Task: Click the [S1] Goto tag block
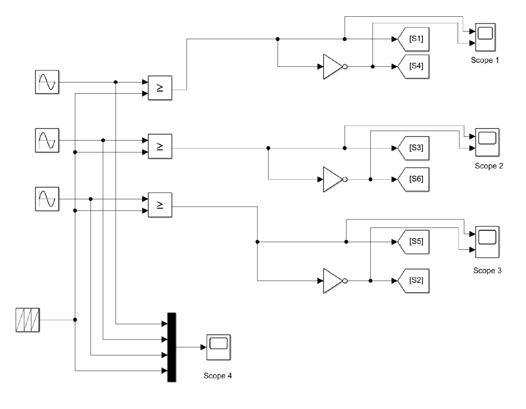413,39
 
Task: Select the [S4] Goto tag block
413,67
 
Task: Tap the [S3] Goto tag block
413,148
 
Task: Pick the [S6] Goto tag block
413,179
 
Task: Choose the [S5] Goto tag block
413,242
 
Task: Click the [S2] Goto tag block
413,281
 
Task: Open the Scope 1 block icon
485,37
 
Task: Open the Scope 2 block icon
487,142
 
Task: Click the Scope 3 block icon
487,242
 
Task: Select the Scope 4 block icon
218,347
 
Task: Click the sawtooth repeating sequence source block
27,320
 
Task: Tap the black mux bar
171,347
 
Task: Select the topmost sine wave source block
47,82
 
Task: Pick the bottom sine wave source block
47,199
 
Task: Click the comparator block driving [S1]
160,88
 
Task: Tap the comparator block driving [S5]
160,205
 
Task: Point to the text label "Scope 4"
218,376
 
